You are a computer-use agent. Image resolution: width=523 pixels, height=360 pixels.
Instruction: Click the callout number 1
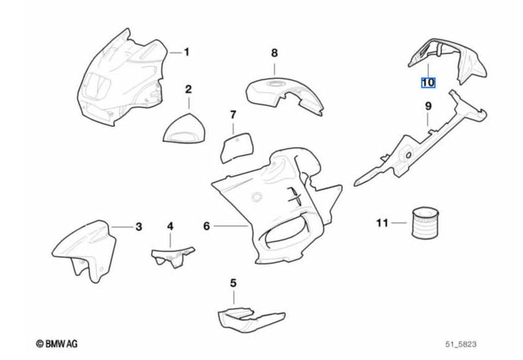(x=186, y=52)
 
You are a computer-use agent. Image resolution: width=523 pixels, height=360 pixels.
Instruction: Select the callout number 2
(x=188, y=90)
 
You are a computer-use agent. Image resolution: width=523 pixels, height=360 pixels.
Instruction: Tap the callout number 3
(x=139, y=227)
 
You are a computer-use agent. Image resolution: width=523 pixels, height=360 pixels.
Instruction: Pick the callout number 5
(x=233, y=283)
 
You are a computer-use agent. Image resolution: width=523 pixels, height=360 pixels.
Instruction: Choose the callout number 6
(x=207, y=227)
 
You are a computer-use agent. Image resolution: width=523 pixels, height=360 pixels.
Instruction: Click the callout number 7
(x=233, y=115)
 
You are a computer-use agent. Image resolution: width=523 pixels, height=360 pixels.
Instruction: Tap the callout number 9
(x=428, y=107)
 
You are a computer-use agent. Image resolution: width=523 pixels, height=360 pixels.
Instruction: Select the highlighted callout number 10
(x=428, y=82)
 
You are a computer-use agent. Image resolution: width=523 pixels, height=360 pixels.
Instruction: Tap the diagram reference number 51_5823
(x=461, y=344)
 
